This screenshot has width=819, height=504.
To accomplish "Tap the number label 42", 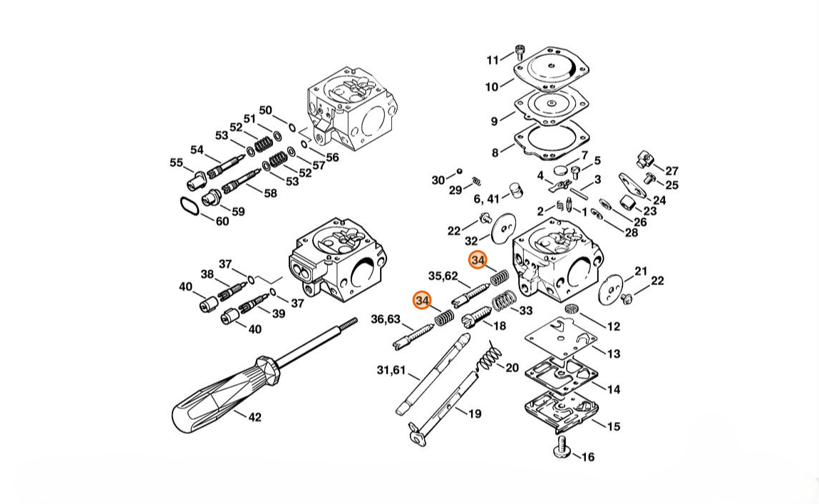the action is tap(255, 417).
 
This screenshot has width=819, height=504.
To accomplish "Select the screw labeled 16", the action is tap(562, 447).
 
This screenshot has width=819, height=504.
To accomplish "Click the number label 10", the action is tap(492, 87).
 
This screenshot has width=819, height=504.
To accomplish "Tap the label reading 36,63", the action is tap(386, 319).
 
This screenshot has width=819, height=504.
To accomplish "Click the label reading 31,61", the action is tap(391, 370).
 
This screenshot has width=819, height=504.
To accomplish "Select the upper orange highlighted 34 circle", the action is tap(478, 259).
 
